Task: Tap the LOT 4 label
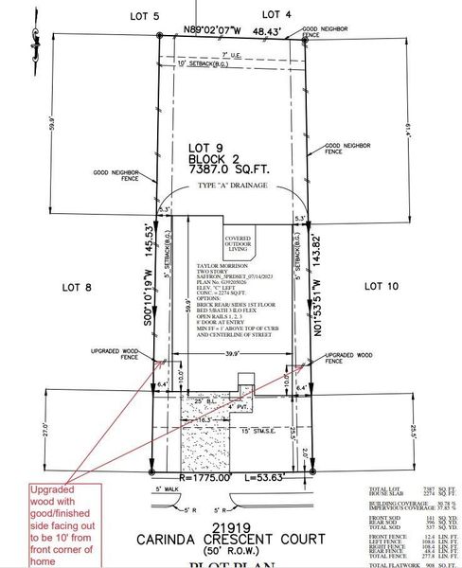[275, 14]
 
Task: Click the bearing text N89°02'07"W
[213, 31]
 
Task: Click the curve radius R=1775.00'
[187, 477]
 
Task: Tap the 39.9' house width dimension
[231, 352]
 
